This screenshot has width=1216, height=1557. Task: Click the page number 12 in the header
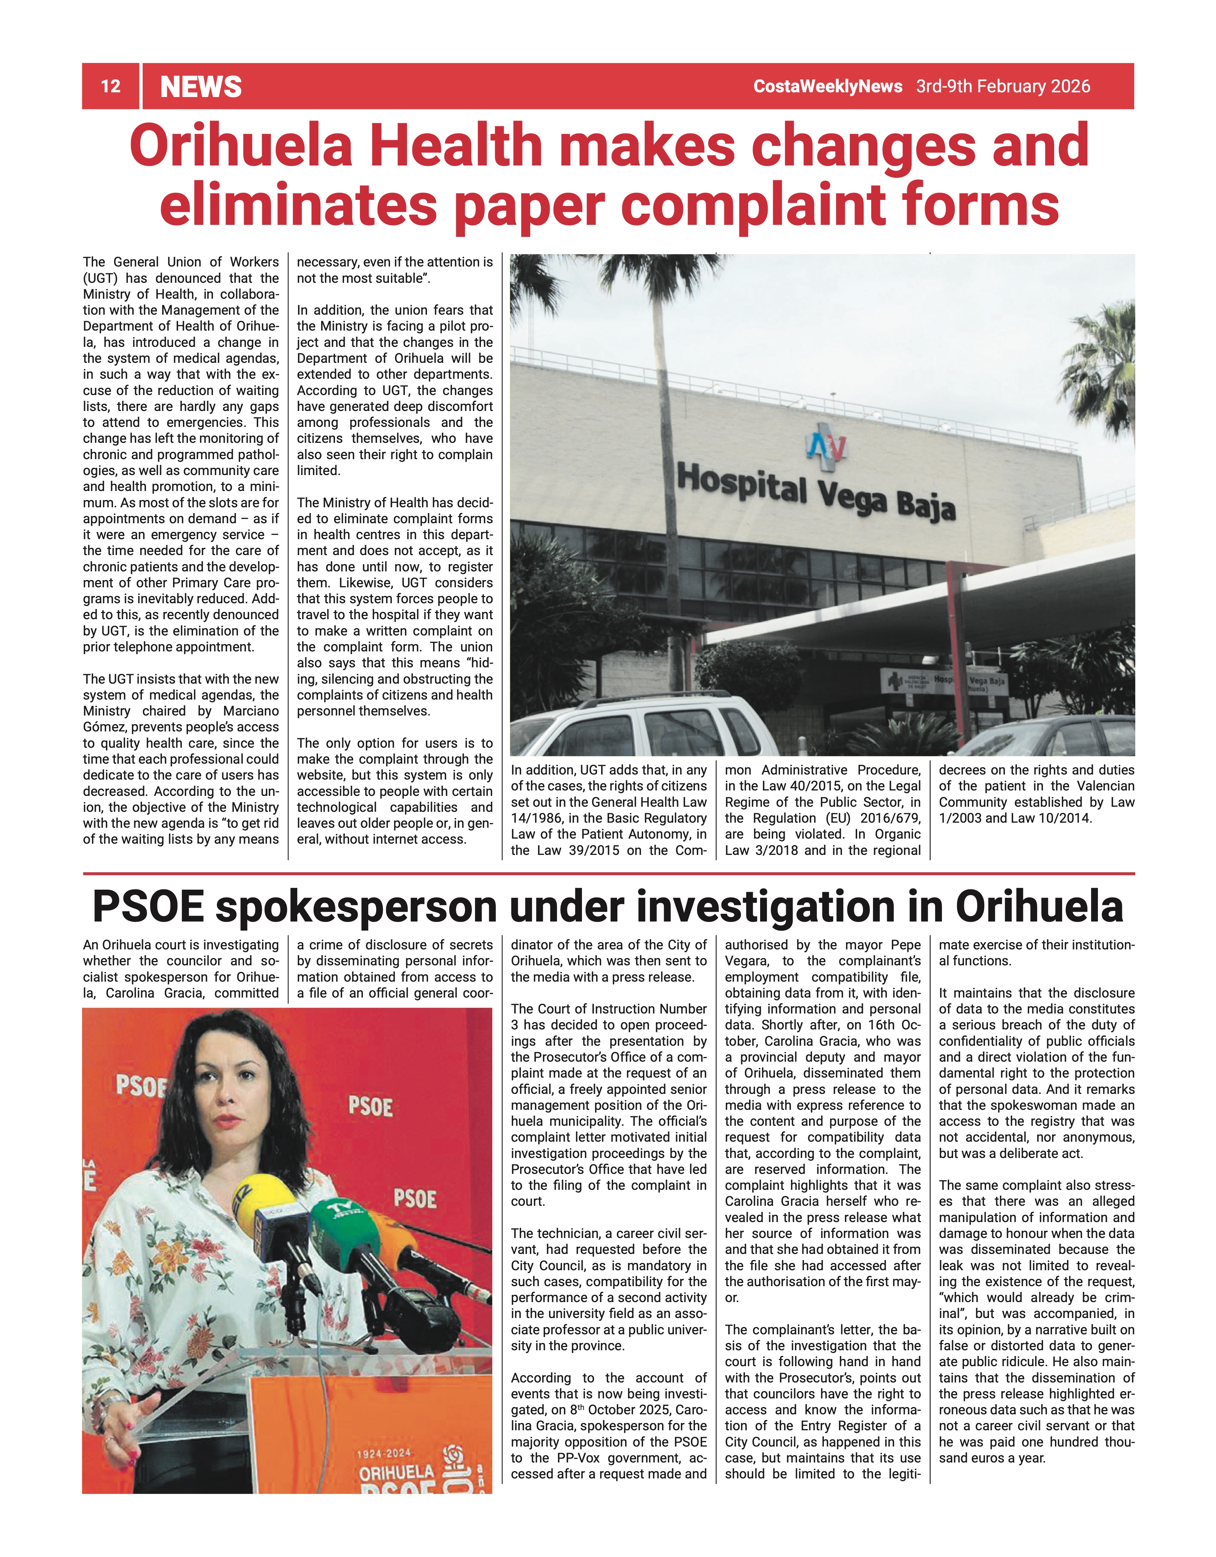click(x=110, y=86)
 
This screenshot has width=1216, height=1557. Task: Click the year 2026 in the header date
click(x=1070, y=86)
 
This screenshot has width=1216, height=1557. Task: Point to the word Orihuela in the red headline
click(x=241, y=146)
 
